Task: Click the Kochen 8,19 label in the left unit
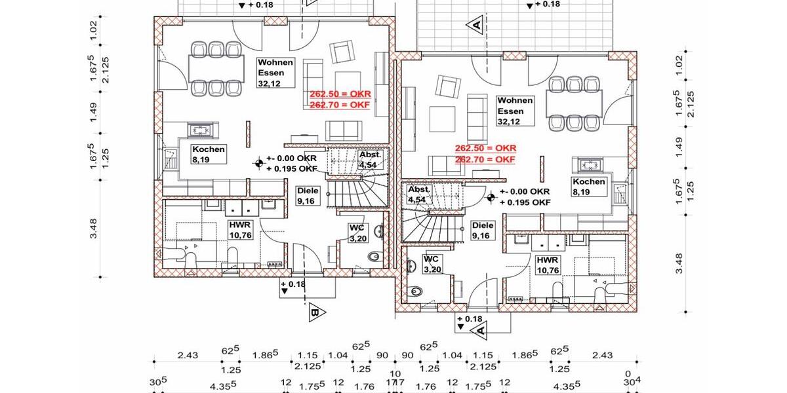pos(209,154)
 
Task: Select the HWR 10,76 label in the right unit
pos(549,265)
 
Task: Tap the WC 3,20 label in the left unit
pos(357,233)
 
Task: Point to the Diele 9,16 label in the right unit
pos(483,230)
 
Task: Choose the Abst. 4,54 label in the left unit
pos(367,159)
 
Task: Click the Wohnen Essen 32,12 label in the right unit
pos(515,111)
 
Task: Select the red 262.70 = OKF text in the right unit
pos(485,159)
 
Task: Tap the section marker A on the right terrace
pos(474,25)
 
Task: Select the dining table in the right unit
pos(575,102)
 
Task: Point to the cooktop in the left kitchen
pos(200,130)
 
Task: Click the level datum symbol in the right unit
pos(491,196)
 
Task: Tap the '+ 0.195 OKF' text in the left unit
pos(292,169)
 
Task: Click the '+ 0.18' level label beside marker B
pos(293,284)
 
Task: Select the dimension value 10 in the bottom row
pos(395,374)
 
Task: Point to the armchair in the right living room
pos(448,86)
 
